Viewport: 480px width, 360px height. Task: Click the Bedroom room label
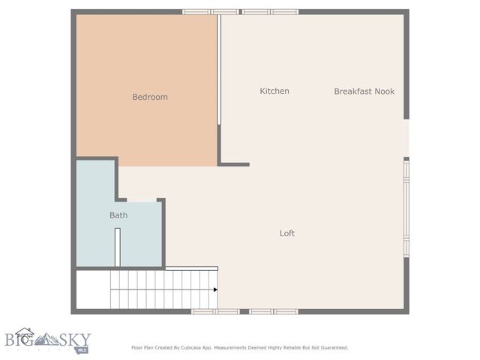150,97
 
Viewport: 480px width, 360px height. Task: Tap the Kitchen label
274,91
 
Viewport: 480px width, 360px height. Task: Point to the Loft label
287,233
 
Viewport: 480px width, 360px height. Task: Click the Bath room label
118,215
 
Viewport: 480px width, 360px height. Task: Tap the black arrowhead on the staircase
215,289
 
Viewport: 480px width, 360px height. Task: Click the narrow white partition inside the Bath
117,247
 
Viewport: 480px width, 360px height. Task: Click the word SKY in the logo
86,339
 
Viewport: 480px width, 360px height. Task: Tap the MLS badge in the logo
82,349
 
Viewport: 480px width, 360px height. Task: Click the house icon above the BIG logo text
25,332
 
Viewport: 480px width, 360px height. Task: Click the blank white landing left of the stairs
93,289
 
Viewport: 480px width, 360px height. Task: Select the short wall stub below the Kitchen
234,164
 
